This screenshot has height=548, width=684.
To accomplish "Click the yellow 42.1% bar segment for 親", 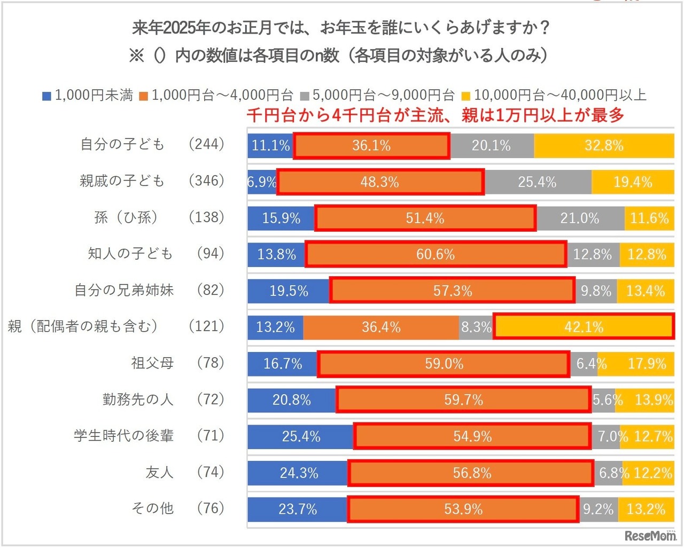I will pos(584,327).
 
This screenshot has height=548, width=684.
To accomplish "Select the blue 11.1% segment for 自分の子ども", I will pos(270,146).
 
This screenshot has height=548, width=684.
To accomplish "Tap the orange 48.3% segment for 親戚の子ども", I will pos(380,182).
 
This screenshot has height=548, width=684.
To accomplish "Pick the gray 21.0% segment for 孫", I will pos(580,218).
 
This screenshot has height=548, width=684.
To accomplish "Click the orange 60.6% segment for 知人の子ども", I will pos(436,255).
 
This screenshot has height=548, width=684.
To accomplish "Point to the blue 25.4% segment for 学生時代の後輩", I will pos(301,436).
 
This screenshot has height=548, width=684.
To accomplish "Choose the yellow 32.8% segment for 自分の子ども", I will pos(604,146).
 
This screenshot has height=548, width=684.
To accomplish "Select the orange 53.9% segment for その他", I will pos(463,509).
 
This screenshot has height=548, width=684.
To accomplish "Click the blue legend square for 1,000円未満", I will pos(47,96).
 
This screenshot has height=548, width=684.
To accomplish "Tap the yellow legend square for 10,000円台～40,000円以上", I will pos(466,96).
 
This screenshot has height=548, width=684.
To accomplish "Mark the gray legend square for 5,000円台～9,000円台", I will pos(305,96).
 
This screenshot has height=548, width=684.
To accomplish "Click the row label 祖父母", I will pos(152,363).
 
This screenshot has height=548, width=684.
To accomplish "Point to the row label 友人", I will pos(159,472).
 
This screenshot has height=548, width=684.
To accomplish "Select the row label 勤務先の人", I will pos(138,400).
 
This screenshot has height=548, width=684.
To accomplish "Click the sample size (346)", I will pos(206,181).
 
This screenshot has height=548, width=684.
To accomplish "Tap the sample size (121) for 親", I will pos(206,326).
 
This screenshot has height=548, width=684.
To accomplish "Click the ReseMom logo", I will pos(650,536).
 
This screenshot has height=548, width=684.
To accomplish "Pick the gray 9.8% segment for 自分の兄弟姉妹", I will pos(596,291).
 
